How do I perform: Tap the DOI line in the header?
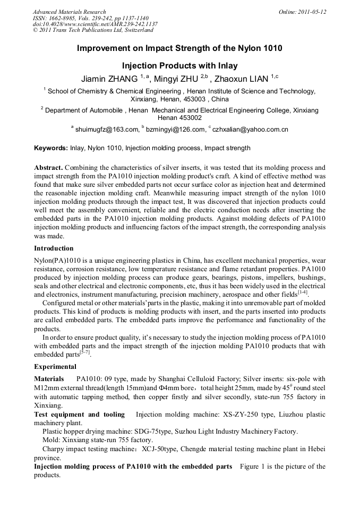pos(95,24)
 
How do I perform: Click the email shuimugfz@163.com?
pos(106,129)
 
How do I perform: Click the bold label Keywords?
pos(51,148)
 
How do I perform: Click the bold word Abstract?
pos(49,167)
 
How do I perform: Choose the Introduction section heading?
pos(54,248)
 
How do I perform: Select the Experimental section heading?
pos(55,367)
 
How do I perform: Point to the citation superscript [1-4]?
pos(303,292)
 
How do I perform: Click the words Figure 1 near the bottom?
pos(253,467)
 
